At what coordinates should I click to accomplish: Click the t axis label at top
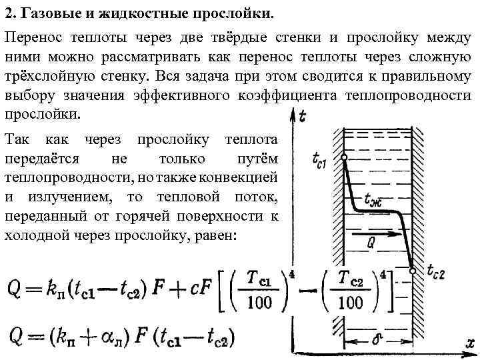point(304,117)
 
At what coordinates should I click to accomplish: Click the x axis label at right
point(469,343)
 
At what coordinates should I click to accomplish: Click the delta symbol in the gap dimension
point(377,339)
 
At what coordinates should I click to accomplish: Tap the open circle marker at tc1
point(344,158)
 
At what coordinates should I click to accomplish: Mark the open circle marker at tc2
point(413,271)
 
